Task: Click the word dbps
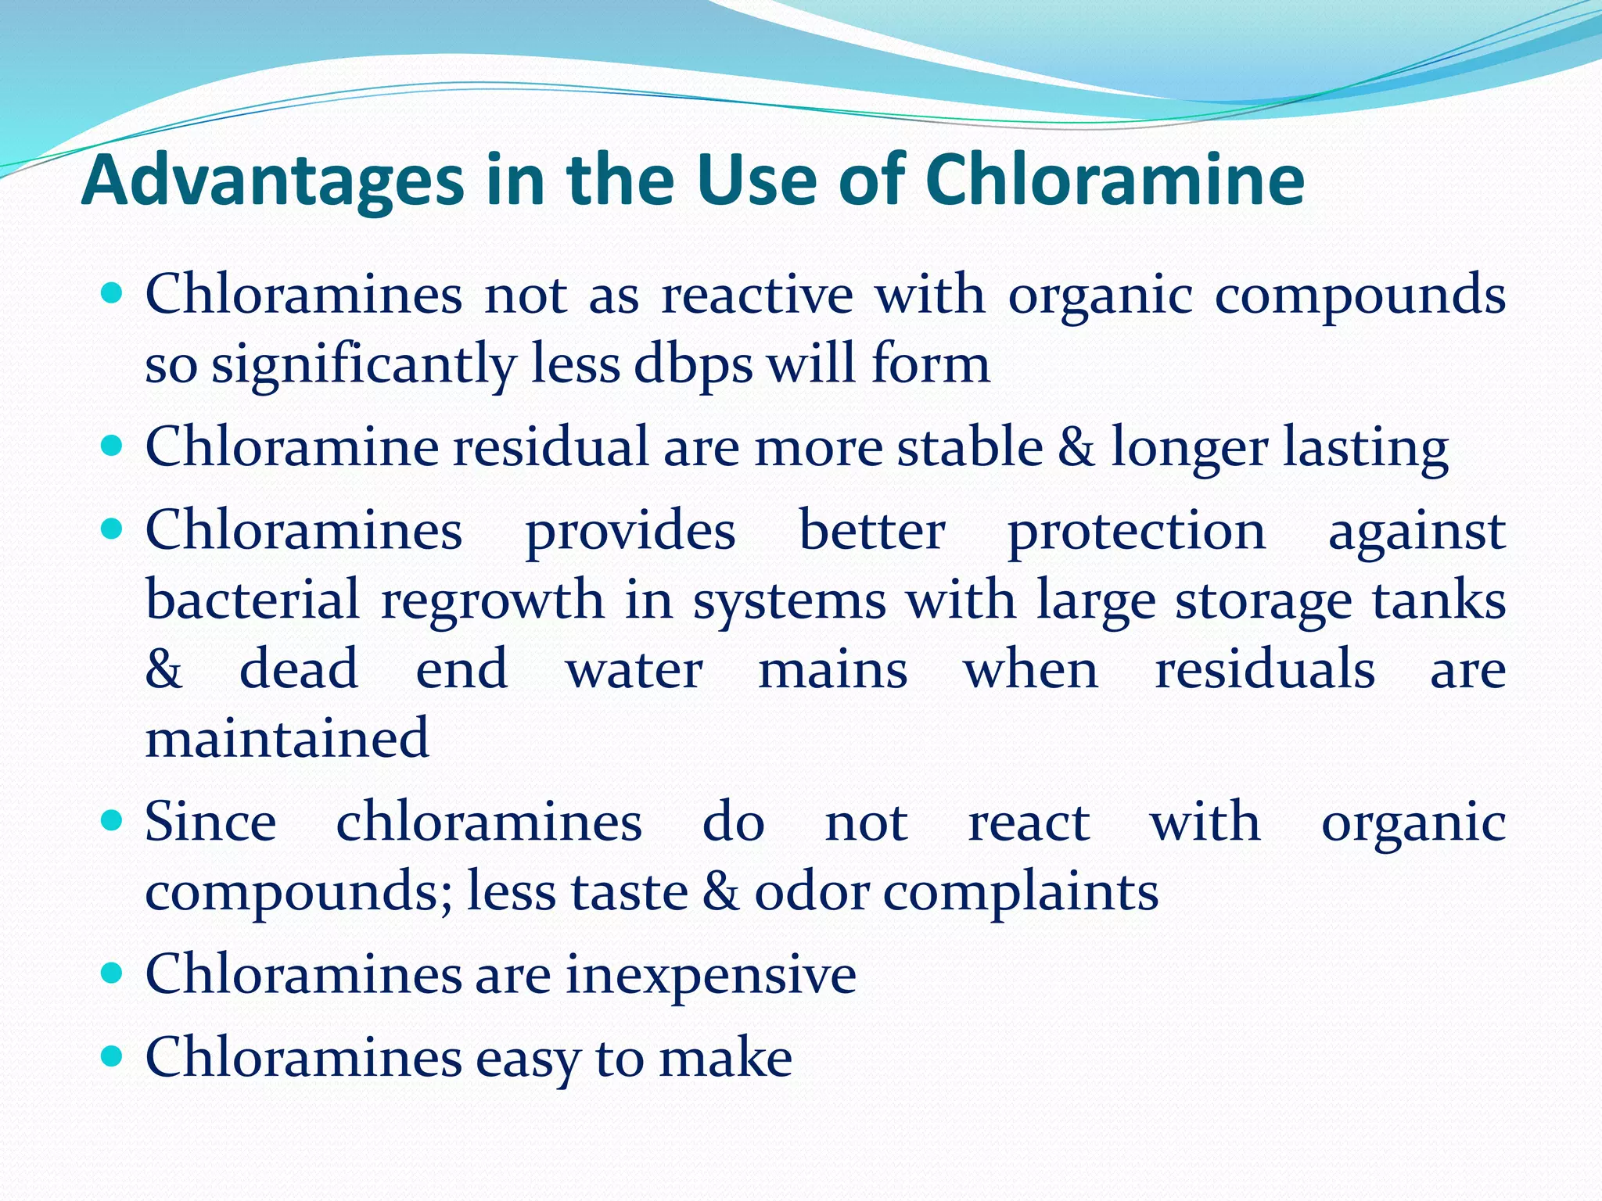(x=693, y=365)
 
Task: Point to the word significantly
(x=364, y=365)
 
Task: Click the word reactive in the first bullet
(x=756, y=295)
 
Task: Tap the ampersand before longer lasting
(x=1077, y=446)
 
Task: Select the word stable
(x=969, y=446)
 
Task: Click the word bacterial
(x=253, y=600)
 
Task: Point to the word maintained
(x=287, y=737)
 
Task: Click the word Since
(x=210, y=822)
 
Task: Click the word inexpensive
(x=711, y=974)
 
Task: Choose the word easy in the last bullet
(x=528, y=1058)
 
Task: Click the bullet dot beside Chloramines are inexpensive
(x=113, y=973)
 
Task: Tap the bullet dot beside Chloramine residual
(x=113, y=446)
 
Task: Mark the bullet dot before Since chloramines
(x=113, y=821)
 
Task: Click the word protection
(x=1136, y=531)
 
